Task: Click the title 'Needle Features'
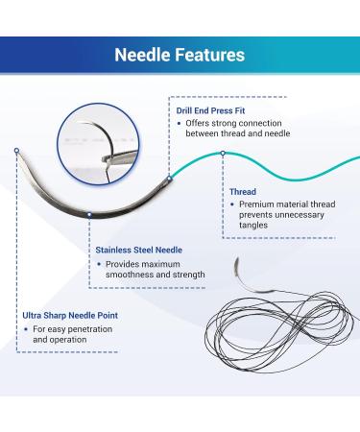click(180, 55)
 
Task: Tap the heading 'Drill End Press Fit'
click(216, 110)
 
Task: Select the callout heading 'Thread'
click(242, 191)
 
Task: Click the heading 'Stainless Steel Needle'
click(140, 249)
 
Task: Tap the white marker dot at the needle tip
click(16, 151)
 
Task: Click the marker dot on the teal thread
click(223, 154)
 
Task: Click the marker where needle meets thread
click(169, 177)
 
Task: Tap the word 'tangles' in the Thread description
click(255, 227)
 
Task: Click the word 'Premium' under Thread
click(259, 204)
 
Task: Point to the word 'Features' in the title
click(209, 55)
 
